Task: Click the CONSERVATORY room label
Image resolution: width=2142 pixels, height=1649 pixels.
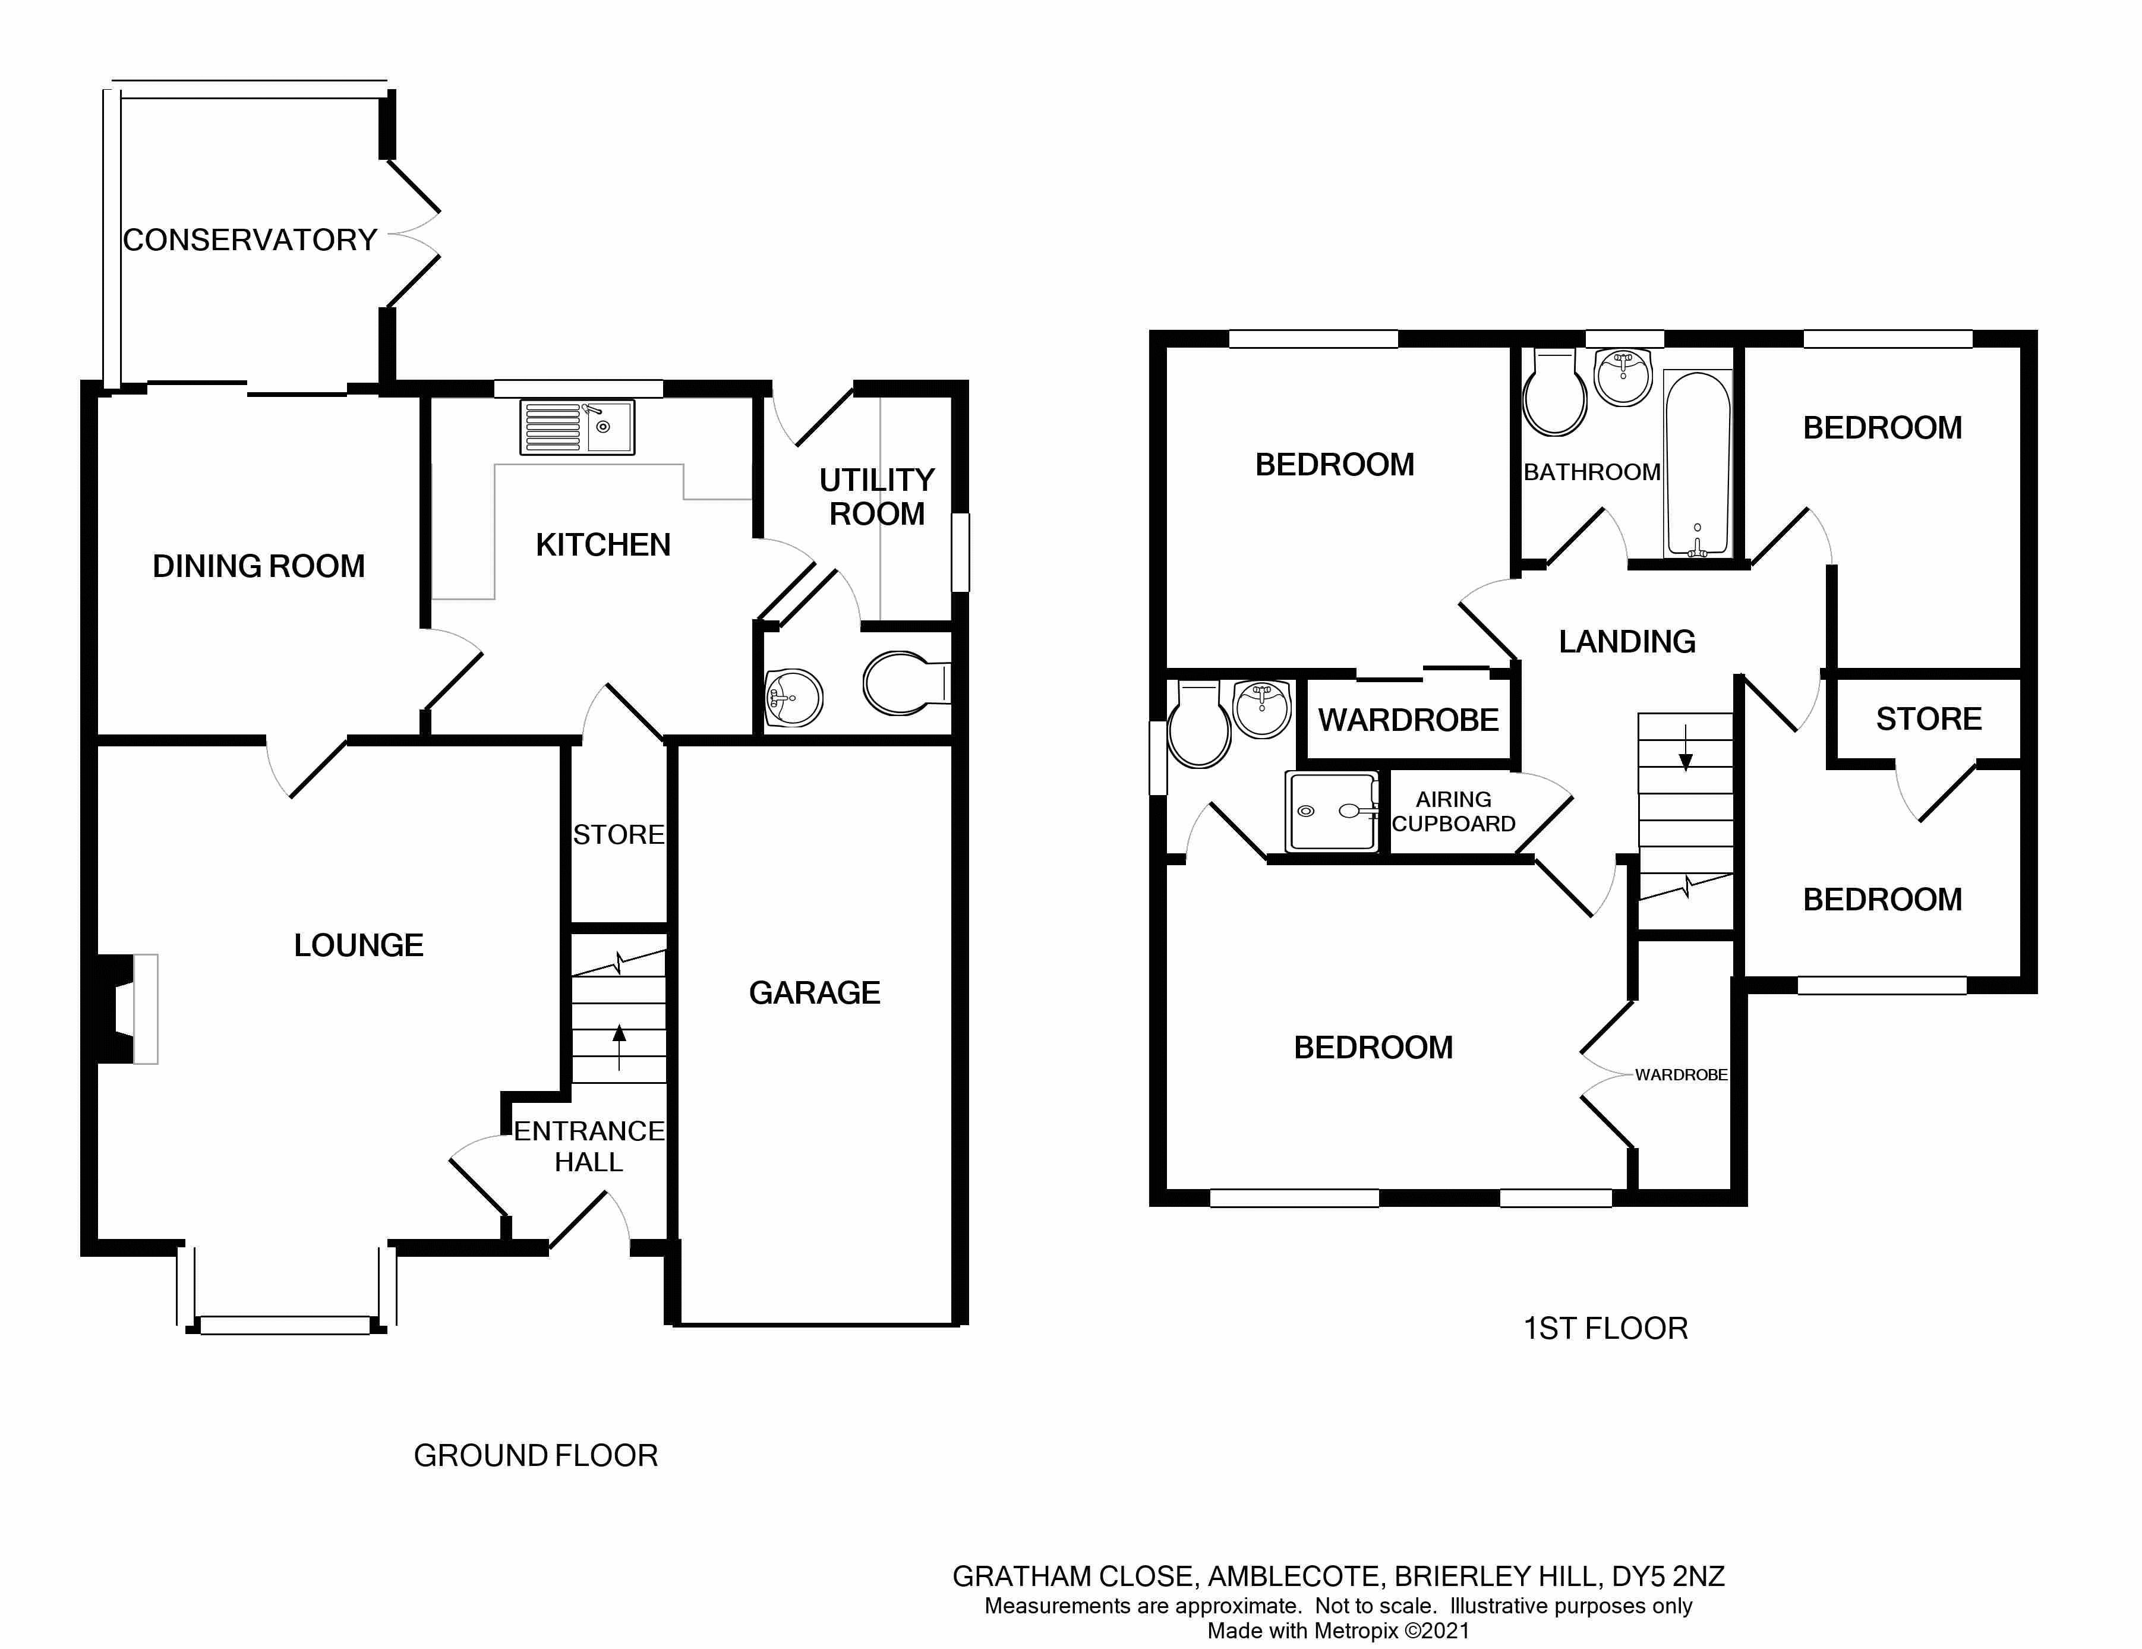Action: point(250,240)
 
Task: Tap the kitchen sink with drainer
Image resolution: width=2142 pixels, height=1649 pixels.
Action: point(577,428)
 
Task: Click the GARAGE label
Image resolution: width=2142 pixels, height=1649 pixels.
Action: point(814,993)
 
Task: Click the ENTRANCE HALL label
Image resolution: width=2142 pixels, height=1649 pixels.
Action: point(588,1146)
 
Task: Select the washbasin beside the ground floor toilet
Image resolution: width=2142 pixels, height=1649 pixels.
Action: point(793,698)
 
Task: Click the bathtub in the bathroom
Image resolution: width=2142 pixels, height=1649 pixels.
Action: point(1698,464)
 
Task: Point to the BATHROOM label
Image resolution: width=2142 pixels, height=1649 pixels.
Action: point(1592,472)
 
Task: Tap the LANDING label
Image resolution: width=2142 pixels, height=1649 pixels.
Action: point(1627,642)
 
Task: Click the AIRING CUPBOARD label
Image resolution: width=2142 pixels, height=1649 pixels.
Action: point(1453,811)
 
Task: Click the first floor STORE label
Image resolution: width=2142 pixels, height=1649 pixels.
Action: point(1928,719)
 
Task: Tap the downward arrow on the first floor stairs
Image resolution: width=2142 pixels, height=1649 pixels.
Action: point(1686,748)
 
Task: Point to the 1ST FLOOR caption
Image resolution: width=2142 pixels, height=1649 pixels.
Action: point(1605,1328)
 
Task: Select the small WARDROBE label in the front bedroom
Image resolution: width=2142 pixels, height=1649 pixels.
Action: point(1681,1075)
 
